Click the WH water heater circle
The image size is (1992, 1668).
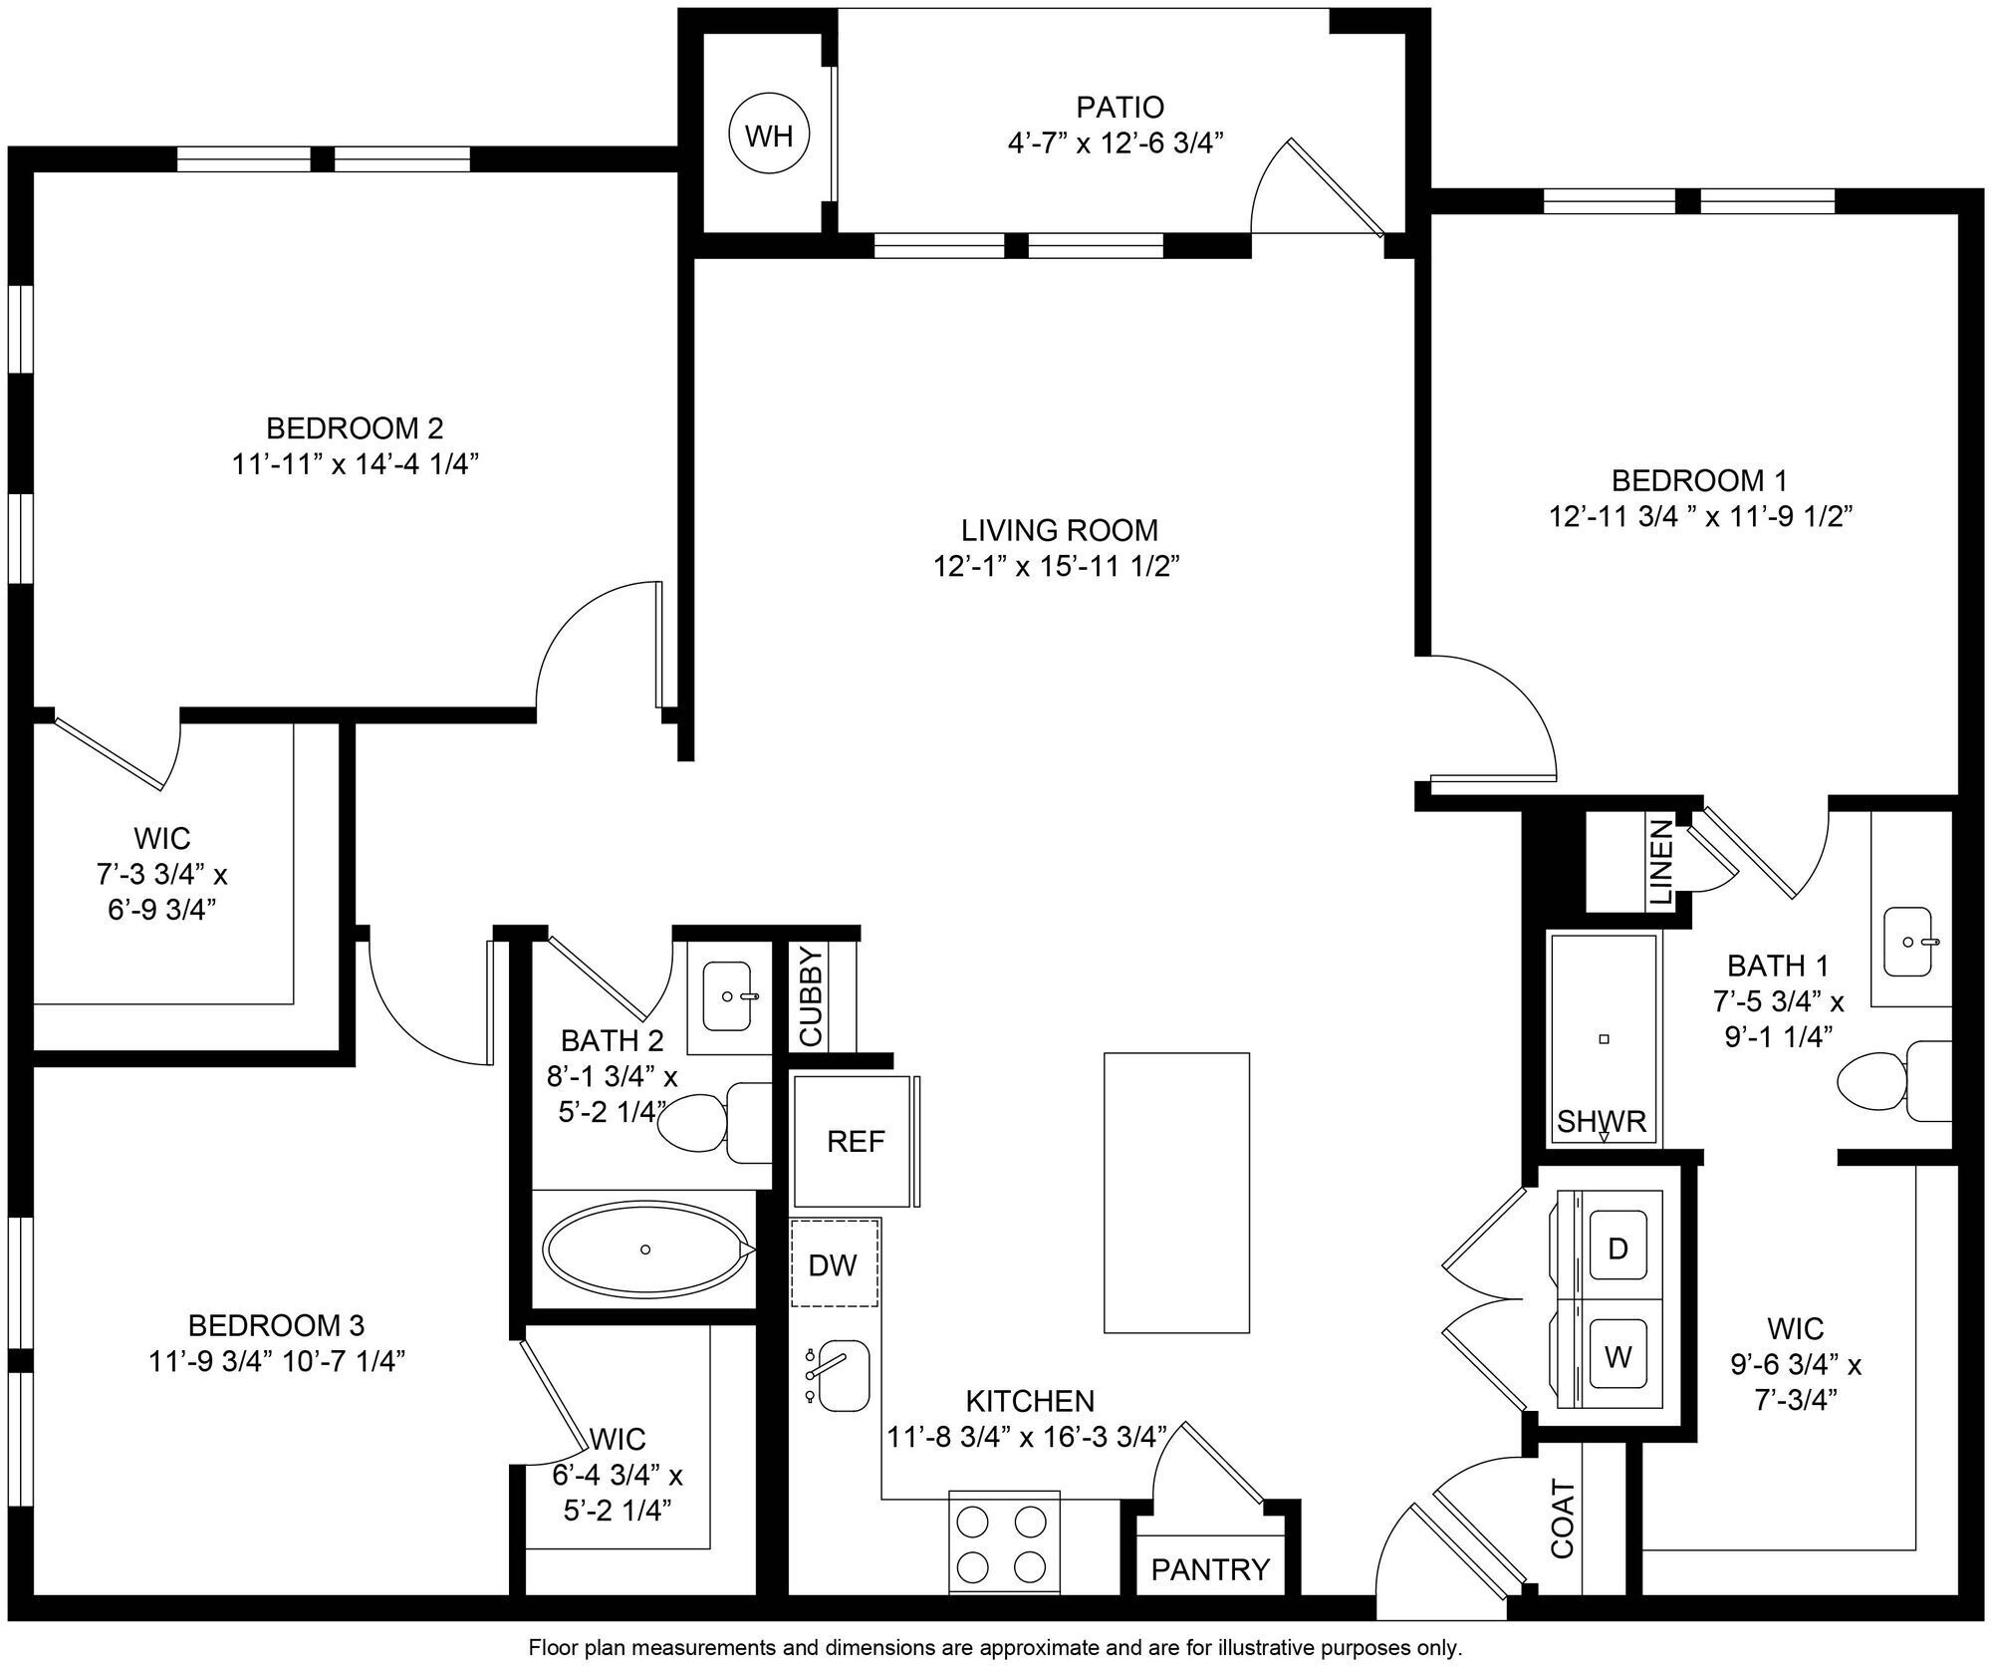pos(769,135)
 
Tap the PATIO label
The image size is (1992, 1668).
pos(1120,107)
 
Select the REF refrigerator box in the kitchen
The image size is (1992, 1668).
pos(855,1141)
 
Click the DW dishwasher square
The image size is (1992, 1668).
pos(834,1263)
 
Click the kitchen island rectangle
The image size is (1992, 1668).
pos(1176,1192)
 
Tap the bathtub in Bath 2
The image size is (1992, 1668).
pos(645,1249)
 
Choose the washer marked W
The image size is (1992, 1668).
pos(1618,1356)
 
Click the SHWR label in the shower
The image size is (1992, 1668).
pos(1602,1122)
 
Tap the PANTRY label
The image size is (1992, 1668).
pos(1210,1569)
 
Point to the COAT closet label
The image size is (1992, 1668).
pos(1562,1520)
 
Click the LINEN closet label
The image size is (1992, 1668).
pos(1661,862)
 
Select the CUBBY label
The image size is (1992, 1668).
pos(810,995)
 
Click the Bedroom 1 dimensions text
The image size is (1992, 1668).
pos(1699,516)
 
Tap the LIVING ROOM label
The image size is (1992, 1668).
pos(1059,529)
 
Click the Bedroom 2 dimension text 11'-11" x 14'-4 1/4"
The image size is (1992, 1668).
pos(356,464)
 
